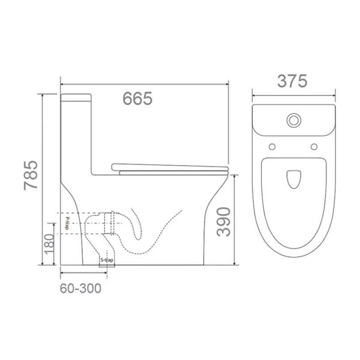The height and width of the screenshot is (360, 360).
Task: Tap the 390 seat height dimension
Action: point(223,221)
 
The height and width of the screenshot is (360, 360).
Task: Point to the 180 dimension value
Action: point(50,243)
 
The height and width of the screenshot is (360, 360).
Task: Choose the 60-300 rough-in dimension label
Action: point(80,287)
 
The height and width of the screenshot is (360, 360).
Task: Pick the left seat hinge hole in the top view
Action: point(272,146)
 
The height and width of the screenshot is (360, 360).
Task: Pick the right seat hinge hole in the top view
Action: point(314,146)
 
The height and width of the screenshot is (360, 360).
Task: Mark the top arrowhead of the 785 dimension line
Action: point(43,95)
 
